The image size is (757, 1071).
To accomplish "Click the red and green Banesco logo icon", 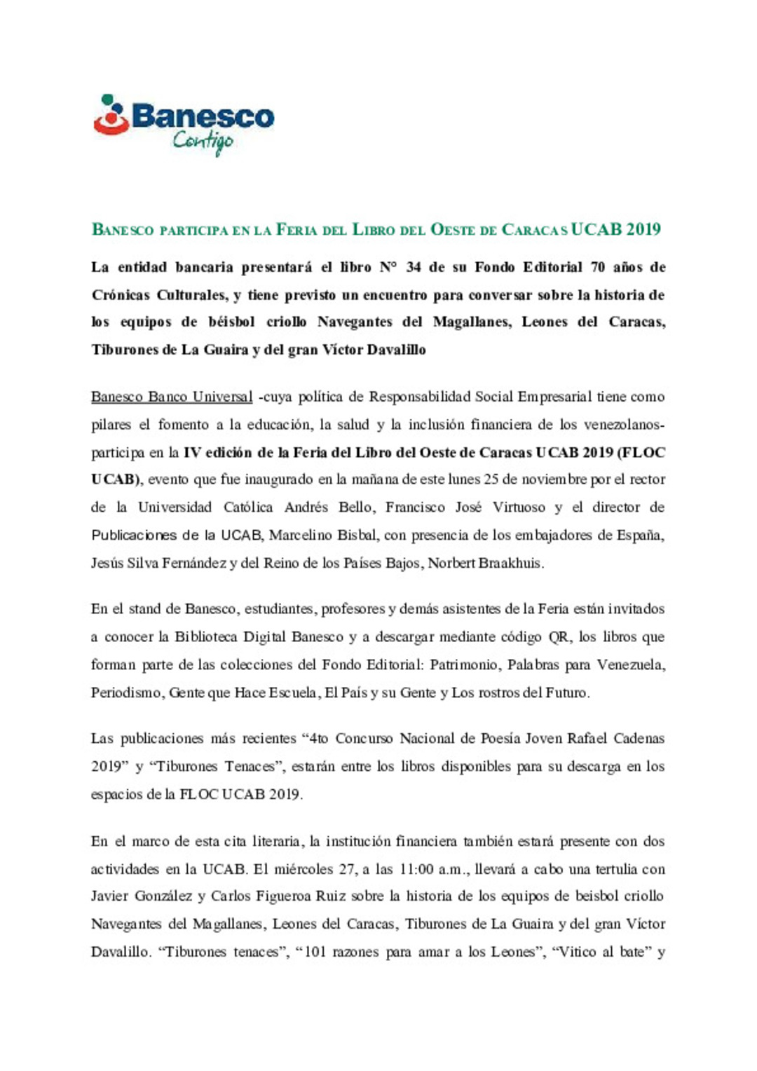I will pyautogui.click(x=111, y=115).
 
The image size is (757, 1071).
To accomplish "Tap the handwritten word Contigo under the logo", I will pyautogui.click(x=203, y=141).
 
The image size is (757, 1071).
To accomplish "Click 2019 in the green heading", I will pyautogui.click(x=644, y=229).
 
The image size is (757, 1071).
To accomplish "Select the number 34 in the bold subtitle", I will pyautogui.click(x=414, y=267).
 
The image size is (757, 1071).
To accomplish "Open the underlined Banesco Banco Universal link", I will pyautogui.click(x=172, y=397).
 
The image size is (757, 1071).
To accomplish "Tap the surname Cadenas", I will pyautogui.click(x=639, y=738).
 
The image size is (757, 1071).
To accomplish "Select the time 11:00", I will pyautogui.click(x=417, y=869).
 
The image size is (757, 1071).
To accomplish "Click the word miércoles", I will pyautogui.click(x=304, y=869).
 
